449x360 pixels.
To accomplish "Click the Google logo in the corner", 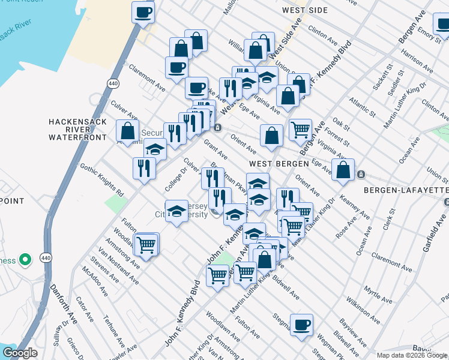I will pos(19,353).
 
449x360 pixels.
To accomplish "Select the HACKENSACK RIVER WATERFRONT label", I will pos(78,129).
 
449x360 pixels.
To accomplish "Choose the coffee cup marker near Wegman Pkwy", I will pos(301,325).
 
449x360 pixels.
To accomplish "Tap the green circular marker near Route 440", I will pos(25,260).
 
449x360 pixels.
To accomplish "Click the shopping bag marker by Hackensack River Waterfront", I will pos(127,130).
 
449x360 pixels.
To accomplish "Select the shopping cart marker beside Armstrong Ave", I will pos(146,244).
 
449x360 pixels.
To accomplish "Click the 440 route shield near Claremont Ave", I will pos(113,82).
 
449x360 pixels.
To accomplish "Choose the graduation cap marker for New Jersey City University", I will pos(176,211).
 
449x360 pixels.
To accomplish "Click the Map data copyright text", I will pos(412,355).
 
